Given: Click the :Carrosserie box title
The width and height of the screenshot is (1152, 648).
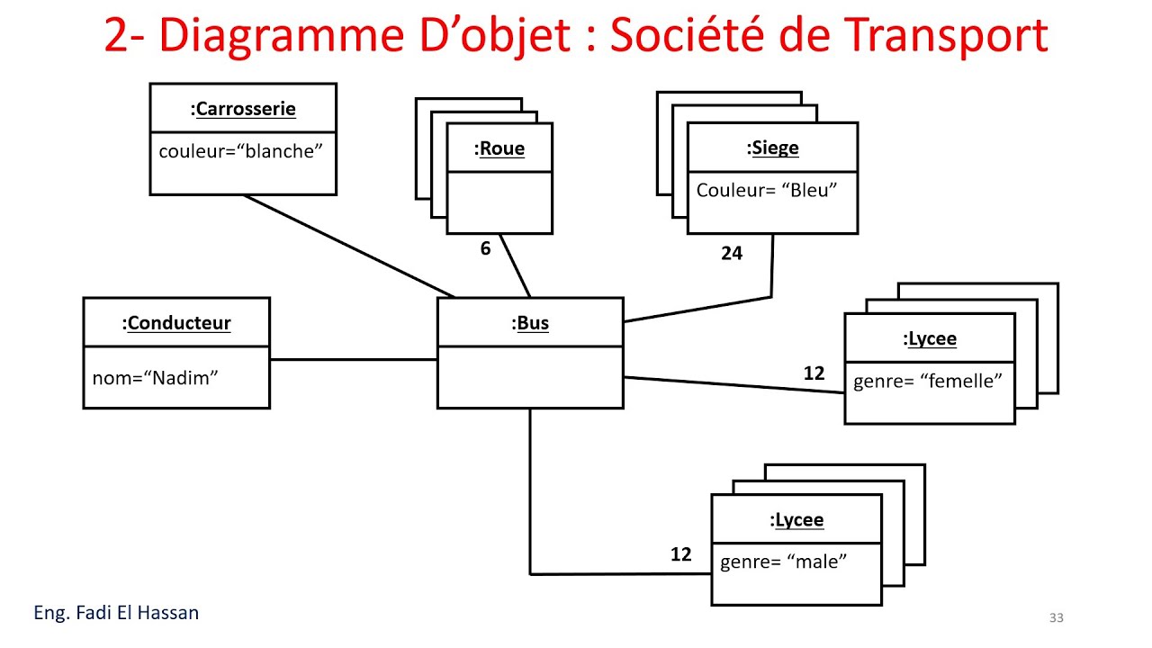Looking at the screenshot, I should pos(243,109).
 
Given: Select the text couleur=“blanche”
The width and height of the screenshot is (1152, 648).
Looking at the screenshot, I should pos(240,151).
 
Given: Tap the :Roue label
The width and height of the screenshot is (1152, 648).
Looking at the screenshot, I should pos(499,148).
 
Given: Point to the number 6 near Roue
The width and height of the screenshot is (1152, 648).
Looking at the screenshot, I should pos(485,248).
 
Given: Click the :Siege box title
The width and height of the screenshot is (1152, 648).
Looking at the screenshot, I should pos(772,148).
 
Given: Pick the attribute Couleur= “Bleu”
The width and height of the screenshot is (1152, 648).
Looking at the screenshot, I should pos(767,190).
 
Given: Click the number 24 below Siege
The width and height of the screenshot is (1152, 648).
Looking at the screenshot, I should pos(732,254).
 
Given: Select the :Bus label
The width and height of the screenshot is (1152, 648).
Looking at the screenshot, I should pos(530,323).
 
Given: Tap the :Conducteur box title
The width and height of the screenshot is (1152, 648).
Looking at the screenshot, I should pos(176,323).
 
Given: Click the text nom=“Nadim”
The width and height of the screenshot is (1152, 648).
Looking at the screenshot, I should pos(155,378).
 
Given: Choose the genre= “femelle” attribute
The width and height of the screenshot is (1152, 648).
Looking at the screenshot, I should pos(928,381).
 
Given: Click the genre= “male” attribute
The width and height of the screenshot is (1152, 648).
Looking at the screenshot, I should pos(784,562).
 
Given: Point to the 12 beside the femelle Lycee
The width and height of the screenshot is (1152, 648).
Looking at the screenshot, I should pos(814,373).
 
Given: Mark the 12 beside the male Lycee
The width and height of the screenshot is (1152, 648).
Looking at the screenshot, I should pos(681,554).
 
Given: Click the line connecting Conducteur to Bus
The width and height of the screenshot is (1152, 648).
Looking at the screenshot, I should pos(353,360).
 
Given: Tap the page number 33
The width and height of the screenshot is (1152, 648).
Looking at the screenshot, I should pos(1057,617).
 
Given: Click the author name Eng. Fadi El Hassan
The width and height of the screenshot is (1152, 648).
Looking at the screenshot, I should pos(116,613).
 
